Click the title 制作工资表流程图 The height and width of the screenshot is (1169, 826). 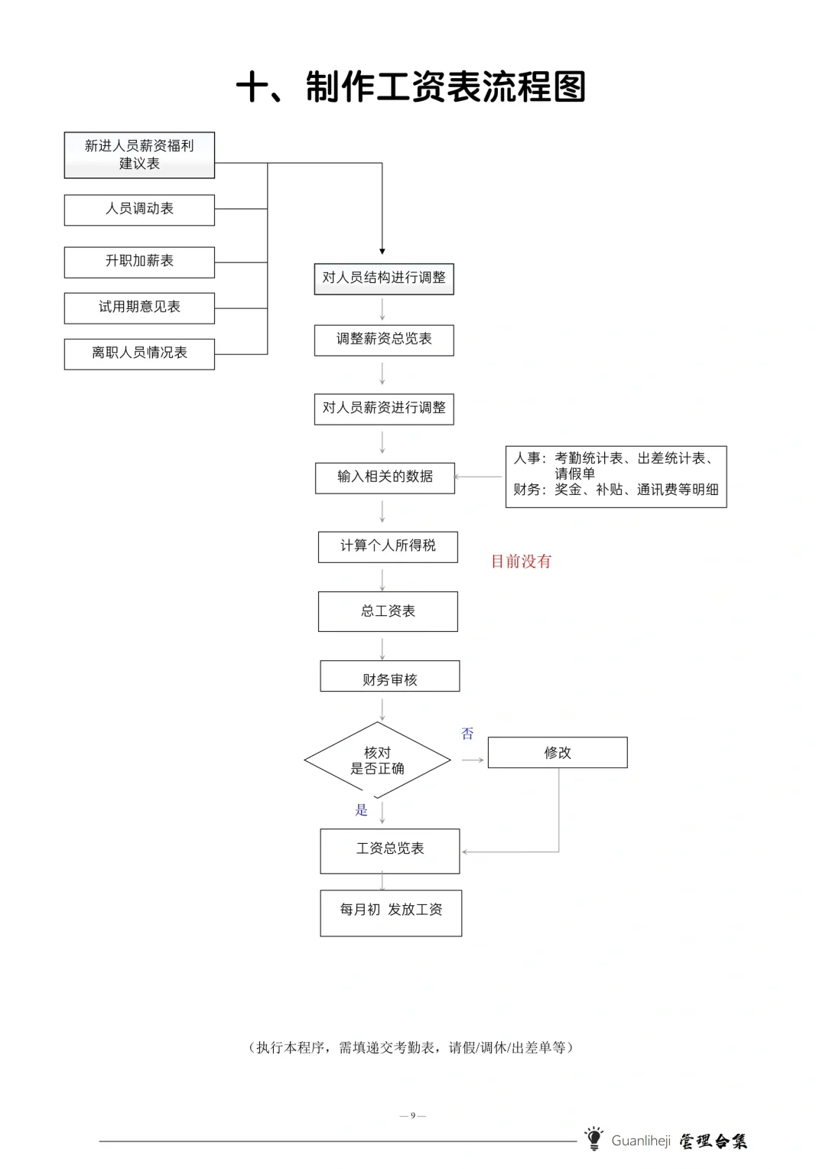(411, 86)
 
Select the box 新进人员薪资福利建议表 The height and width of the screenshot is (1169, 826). (139, 155)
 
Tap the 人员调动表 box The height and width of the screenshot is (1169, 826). (139, 210)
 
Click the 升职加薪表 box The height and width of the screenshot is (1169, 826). (139, 262)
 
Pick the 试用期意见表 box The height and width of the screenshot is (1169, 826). (139, 308)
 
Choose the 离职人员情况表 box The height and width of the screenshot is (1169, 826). (139, 353)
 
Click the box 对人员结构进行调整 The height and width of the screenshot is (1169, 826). (384, 278)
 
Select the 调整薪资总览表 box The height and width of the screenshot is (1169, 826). (384, 340)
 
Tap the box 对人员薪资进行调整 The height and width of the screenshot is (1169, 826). (384, 409)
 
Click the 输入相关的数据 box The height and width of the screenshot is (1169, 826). (385, 477)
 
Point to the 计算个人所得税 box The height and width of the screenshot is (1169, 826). (388, 546)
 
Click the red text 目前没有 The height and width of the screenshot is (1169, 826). (521, 562)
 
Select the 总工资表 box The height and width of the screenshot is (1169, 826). (388, 611)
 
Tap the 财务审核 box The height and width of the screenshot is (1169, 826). (390, 676)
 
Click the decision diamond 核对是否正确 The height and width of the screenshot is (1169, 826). (378, 760)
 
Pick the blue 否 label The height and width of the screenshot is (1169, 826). (467, 734)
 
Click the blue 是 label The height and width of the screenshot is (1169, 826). (362, 810)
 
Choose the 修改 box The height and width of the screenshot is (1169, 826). (558, 753)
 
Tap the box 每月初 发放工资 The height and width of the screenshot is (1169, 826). (391, 913)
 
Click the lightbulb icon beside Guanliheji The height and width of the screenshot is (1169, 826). (593, 1138)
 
